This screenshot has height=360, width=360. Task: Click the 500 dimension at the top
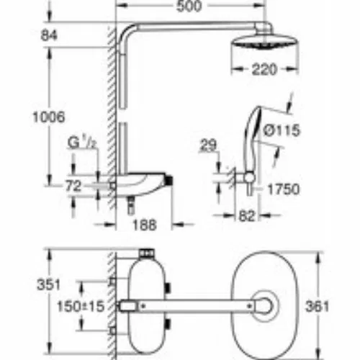(x=189, y=6)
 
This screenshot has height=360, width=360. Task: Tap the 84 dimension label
(x=49, y=35)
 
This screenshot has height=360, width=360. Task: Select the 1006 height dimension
(x=49, y=117)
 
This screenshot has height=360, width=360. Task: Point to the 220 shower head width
(x=264, y=70)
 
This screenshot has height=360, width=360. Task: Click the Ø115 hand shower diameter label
(x=282, y=130)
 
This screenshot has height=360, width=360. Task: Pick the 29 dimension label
(x=208, y=145)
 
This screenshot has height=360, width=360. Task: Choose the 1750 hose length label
(x=284, y=189)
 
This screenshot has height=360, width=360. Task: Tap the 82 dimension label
(x=247, y=216)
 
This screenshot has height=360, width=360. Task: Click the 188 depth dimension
(x=145, y=225)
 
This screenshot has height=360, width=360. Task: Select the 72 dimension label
(x=73, y=186)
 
